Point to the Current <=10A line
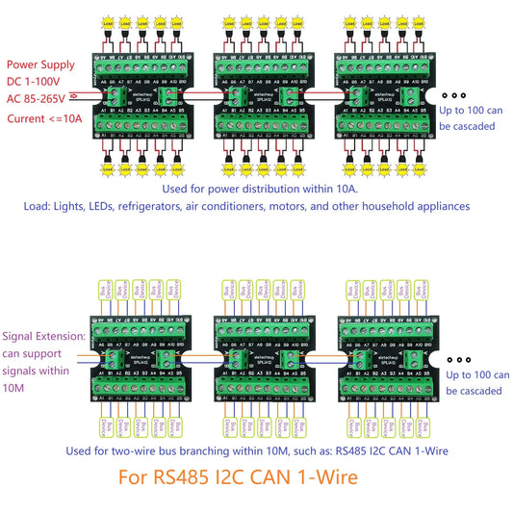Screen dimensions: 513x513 pyautogui.click(x=42, y=117)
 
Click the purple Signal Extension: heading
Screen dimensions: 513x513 pyautogui.click(x=43, y=337)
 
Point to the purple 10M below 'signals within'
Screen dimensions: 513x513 pyautogui.click(x=15, y=386)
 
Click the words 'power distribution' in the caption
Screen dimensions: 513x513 pyautogui.click(x=239, y=189)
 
